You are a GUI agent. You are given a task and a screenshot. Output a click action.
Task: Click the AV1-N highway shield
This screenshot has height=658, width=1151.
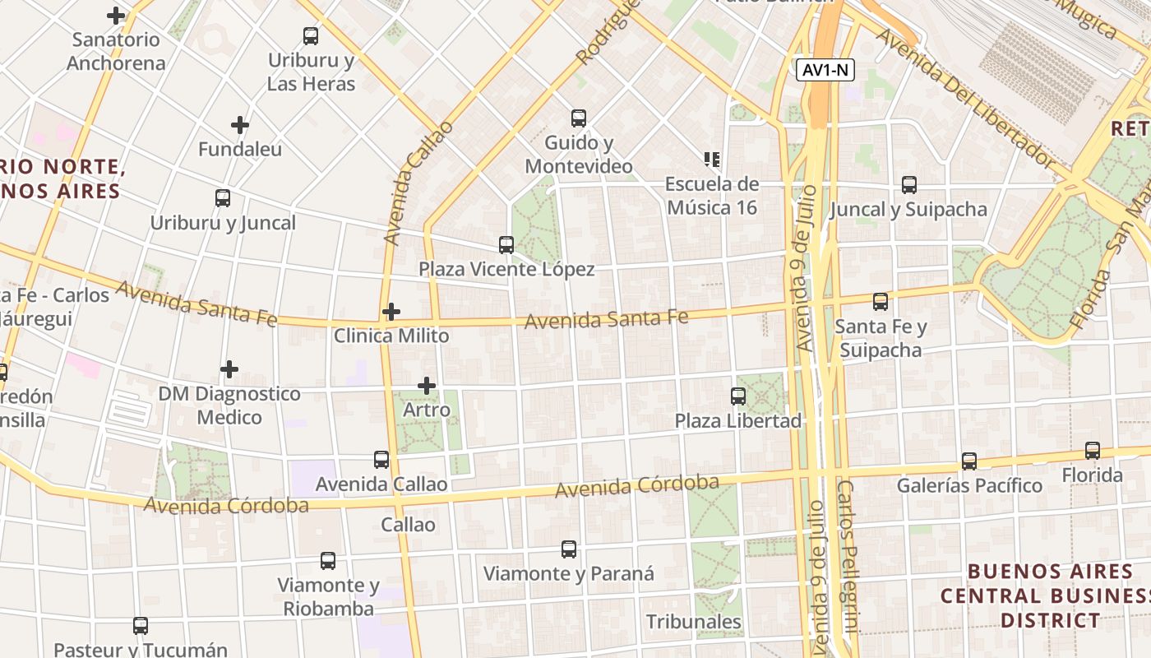[x=825, y=71]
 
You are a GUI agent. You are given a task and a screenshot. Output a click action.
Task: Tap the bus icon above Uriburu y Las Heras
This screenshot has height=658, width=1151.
[x=311, y=36]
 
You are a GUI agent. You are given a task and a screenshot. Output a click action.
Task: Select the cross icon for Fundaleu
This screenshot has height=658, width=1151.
[x=240, y=125]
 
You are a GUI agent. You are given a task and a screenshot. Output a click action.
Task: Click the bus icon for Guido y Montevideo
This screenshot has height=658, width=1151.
[x=579, y=118]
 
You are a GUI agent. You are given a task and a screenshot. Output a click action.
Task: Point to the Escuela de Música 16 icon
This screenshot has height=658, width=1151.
[x=712, y=159]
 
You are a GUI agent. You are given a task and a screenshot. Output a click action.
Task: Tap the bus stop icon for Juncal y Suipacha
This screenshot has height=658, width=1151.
[x=909, y=185]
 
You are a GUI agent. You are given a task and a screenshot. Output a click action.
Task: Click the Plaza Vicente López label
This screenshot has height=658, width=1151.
[x=506, y=269]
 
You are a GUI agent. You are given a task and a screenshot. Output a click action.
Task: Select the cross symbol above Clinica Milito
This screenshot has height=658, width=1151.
[x=391, y=312]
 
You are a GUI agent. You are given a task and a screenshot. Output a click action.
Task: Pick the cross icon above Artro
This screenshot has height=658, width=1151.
[x=427, y=385]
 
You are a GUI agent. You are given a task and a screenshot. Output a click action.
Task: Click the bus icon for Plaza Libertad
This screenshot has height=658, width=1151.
[x=738, y=396]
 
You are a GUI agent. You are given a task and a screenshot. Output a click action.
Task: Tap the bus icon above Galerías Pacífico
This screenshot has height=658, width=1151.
[x=969, y=461]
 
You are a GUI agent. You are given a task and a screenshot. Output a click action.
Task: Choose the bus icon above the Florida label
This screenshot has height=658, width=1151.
[x=1093, y=451]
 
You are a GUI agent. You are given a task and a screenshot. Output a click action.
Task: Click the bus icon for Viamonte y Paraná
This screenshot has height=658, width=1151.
[x=569, y=549]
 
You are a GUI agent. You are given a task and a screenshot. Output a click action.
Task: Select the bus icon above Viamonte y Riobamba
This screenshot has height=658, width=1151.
[x=328, y=561]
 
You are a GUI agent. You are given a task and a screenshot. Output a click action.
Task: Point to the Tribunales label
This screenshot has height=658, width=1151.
[x=694, y=622]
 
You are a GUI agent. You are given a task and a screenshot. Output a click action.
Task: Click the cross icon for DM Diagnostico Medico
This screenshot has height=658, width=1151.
[x=229, y=369]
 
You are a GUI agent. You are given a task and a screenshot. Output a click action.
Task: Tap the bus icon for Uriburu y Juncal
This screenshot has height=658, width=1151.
[x=223, y=198]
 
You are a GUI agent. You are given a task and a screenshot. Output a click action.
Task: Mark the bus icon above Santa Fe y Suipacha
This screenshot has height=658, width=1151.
[x=881, y=302]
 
